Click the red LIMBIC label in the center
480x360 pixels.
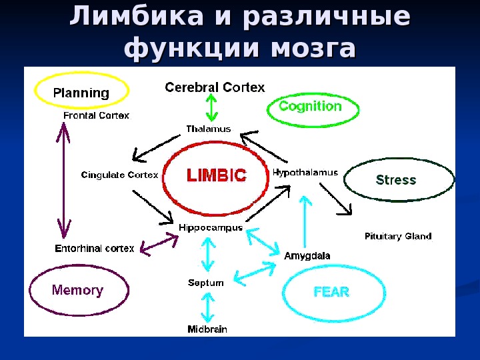coord(216,175)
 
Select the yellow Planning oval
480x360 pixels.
coord(81,92)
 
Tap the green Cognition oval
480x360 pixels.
coord(311,107)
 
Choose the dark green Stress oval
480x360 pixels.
coord(397,180)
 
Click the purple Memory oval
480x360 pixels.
coord(78,291)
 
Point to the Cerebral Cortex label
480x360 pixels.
coord(215,87)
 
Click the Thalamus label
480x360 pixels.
coord(208,129)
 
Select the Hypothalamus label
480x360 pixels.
coord(305,172)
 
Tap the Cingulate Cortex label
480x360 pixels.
coord(120,175)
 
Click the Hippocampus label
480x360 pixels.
coord(209,227)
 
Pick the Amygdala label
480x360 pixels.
coord(307,255)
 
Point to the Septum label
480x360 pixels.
coord(206,283)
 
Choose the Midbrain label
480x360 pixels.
coord(207,329)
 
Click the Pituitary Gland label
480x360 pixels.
coord(398,236)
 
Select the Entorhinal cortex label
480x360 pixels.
coord(94,249)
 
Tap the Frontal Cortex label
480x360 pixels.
coord(96,115)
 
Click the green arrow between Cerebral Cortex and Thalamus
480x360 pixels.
coord(211,107)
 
